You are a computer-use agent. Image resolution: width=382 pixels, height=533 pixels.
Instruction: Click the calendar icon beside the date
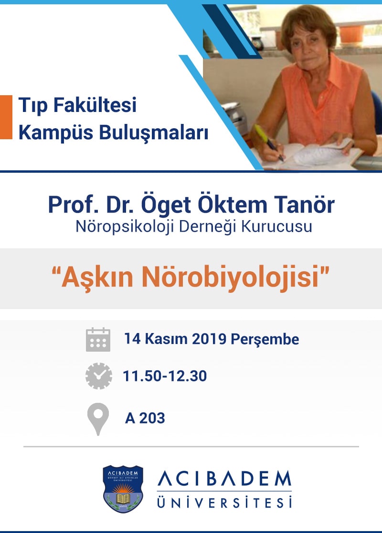coord(98,340)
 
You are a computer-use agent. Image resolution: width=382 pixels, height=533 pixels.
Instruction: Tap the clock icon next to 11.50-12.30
coord(98,376)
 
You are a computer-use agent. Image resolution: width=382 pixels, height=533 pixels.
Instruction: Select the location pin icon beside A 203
coord(98,418)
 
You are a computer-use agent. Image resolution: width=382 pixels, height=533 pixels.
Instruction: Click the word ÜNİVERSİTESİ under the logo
coord(224,502)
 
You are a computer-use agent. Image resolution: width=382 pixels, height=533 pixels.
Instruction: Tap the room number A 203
coord(145,418)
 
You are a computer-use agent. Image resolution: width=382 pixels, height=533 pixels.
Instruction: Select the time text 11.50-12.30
coord(165,376)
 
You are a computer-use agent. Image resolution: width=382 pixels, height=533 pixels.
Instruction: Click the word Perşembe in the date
coord(265,339)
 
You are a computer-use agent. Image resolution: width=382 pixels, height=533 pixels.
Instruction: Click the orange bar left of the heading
coord(6,117)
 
